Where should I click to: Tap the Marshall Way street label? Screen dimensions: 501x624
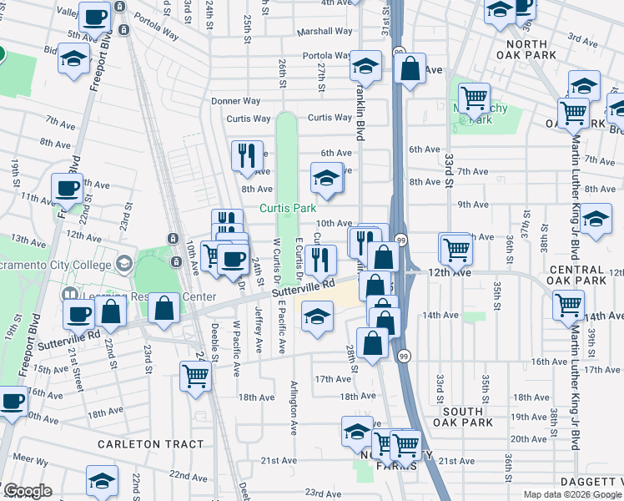[327, 31]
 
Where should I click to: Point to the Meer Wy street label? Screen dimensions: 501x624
[30, 460]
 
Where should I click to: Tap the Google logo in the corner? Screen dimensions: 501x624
[28, 491]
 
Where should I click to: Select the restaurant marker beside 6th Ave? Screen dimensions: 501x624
[246, 154]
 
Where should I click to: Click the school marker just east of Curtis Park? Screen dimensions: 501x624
[327, 177]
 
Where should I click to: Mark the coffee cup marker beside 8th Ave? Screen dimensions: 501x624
[67, 188]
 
